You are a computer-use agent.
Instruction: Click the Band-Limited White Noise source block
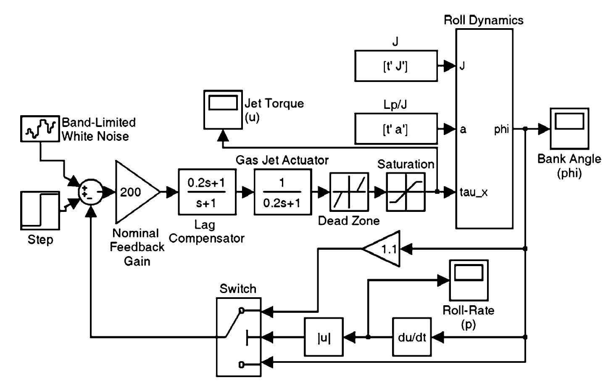coord(40,129)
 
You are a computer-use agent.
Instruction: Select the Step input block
coord(40,211)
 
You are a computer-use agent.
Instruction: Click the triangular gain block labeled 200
coord(134,193)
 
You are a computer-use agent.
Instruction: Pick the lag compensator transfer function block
coord(207,192)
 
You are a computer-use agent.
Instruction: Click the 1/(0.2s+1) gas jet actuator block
coord(282,192)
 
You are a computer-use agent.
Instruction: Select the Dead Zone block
coord(349,192)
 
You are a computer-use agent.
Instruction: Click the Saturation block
coord(406,192)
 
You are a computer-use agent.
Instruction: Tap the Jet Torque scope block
coord(223,109)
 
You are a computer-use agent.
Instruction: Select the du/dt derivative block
coord(412,337)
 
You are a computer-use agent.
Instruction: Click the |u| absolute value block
coord(324,337)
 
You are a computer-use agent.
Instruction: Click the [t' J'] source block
coord(395,66)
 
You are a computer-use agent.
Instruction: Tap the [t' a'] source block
coord(395,129)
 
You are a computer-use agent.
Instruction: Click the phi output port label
coord(501,129)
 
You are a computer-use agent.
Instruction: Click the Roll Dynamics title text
coord(484,20)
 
